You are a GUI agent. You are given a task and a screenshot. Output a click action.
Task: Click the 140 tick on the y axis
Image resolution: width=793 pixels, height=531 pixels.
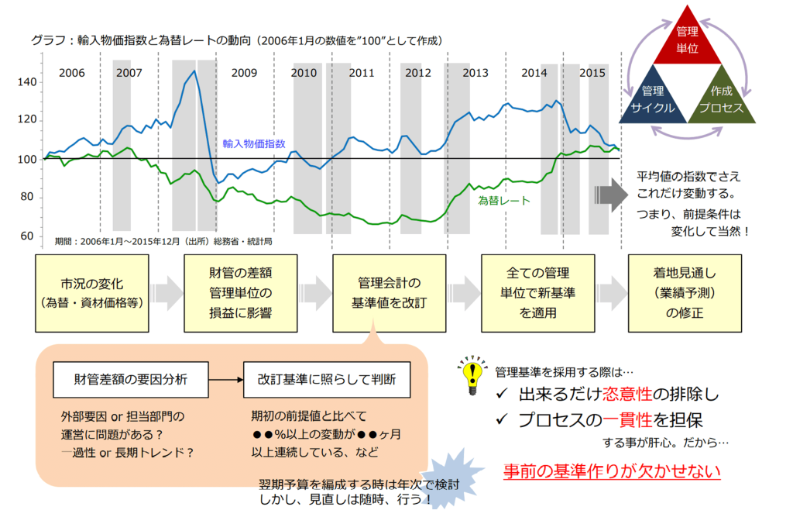(27, 82)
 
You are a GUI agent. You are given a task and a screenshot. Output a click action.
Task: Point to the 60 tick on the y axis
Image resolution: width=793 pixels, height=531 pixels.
(27, 236)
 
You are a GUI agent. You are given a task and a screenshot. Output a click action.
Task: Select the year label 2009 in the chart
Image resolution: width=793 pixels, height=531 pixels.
(244, 73)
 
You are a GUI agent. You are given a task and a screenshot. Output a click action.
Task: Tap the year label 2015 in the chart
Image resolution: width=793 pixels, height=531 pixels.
(592, 73)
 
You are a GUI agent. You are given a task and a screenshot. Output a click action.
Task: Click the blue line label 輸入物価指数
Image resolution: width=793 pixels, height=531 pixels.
(254, 143)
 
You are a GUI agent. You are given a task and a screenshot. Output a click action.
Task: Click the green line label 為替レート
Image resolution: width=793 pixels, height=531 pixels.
(503, 201)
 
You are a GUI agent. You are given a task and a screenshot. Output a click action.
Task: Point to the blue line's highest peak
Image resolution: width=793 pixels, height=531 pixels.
(194, 71)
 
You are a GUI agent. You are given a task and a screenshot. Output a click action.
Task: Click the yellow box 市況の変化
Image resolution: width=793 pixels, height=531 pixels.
(92, 293)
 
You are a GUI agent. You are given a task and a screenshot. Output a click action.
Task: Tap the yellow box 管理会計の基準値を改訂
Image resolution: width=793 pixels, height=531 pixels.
(390, 293)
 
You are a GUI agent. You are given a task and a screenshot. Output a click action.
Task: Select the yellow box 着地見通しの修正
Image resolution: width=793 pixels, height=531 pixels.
(685, 293)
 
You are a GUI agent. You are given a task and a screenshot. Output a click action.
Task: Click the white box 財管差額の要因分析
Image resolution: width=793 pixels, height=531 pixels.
(130, 380)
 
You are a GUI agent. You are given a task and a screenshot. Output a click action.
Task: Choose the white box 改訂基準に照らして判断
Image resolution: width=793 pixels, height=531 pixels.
(327, 380)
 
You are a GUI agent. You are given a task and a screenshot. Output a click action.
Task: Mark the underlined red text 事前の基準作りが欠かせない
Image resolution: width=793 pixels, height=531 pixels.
(612, 471)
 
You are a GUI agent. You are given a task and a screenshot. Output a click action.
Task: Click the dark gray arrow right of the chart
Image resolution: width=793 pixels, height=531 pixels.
(611, 195)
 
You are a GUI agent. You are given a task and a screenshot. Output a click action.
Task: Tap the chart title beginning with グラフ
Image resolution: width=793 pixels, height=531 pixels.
(237, 40)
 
